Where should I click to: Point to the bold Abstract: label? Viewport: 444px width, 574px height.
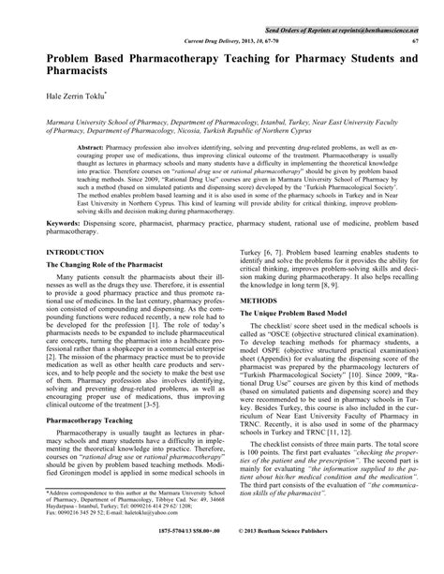click(x=89, y=149)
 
